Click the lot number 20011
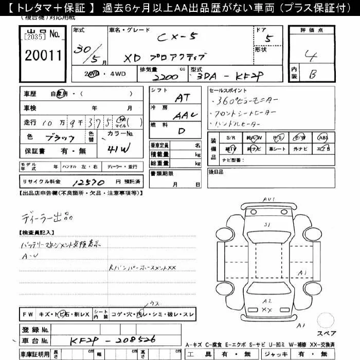43,55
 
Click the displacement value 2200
165,77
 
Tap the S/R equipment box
230,138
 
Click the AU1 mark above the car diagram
268,199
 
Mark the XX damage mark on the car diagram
266,309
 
